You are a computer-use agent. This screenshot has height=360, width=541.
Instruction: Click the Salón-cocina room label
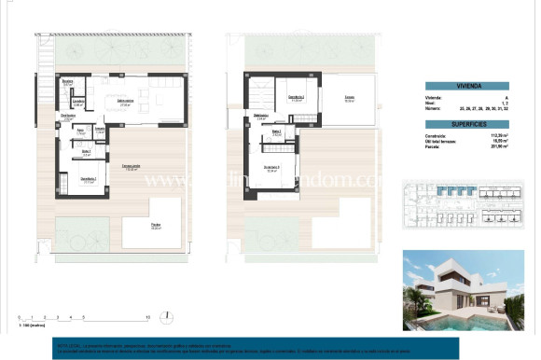coord(124,104)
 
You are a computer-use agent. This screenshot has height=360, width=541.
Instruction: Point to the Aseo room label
coord(81,132)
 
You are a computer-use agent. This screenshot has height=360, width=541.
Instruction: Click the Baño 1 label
coord(86,152)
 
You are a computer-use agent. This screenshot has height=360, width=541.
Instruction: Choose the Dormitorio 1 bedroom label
coord(88,180)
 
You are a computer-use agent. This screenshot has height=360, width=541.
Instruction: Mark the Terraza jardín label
coord(131,168)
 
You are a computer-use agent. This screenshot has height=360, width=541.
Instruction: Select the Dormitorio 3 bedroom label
coord(272,170)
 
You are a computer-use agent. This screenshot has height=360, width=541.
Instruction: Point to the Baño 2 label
coord(276,133)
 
